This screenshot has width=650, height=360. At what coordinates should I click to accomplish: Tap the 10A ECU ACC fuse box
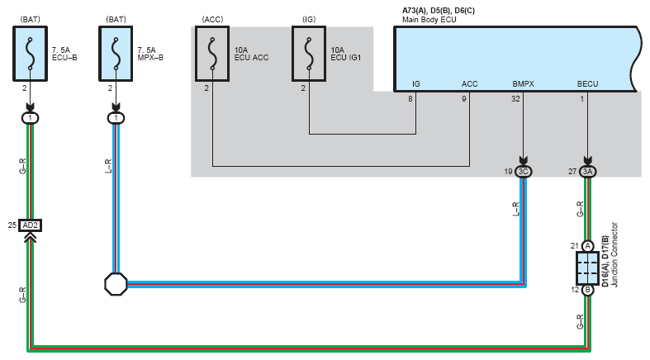click(x=212, y=53)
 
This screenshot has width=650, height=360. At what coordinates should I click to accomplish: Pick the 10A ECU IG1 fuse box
click(x=309, y=53)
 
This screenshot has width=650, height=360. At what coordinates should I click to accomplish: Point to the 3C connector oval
click(x=523, y=172)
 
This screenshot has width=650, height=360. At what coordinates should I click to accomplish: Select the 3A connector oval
click(x=587, y=172)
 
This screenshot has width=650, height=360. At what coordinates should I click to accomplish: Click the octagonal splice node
click(x=116, y=285)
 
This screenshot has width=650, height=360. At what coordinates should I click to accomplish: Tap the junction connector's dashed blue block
click(x=587, y=268)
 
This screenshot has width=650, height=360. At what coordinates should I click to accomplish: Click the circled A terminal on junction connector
click(x=587, y=246)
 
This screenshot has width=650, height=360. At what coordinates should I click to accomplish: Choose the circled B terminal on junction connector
click(x=587, y=290)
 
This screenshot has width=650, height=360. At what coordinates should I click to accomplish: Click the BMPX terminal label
click(x=523, y=83)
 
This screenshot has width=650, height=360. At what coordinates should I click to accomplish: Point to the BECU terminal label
click(x=587, y=83)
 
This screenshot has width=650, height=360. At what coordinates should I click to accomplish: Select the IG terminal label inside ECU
click(x=416, y=83)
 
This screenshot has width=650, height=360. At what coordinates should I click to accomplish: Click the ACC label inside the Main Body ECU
click(x=469, y=83)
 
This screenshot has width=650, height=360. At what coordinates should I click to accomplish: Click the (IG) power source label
click(x=308, y=18)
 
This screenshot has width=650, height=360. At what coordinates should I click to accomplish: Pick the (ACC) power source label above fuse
click(x=213, y=18)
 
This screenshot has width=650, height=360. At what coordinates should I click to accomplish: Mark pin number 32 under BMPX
click(x=516, y=99)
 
